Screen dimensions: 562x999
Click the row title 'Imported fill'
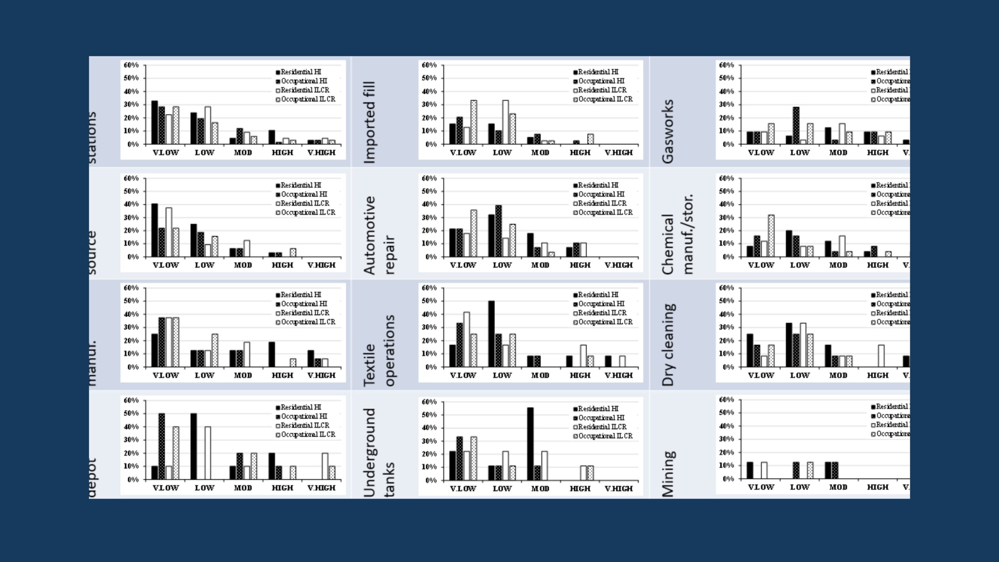click(x=369, y=122)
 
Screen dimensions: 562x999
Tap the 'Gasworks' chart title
click(x=668, y=131)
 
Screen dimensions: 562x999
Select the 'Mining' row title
click(x=668, y=474)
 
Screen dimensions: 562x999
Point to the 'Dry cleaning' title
click(x=668, y=345)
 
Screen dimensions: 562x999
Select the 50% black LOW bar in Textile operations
click(x=491, y=334)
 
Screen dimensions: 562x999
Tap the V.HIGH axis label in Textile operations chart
click(x=619, y=375)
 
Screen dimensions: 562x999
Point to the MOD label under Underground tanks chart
click(x=540, y=489)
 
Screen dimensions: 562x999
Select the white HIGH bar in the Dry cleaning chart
click(x=881, y=356)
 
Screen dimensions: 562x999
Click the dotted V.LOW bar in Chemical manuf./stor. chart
click(x=771, y=236)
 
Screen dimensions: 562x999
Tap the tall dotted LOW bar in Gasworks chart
click(x=796, y=125)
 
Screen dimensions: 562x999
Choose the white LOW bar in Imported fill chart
click(x=505, y=122)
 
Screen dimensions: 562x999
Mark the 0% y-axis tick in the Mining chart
click(x=728, y=479)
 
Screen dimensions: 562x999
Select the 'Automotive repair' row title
click(x=379, y=235)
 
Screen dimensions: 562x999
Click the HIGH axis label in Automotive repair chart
click(x=579, y=265)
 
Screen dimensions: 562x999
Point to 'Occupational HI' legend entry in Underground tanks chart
click(x=601, y=418)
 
